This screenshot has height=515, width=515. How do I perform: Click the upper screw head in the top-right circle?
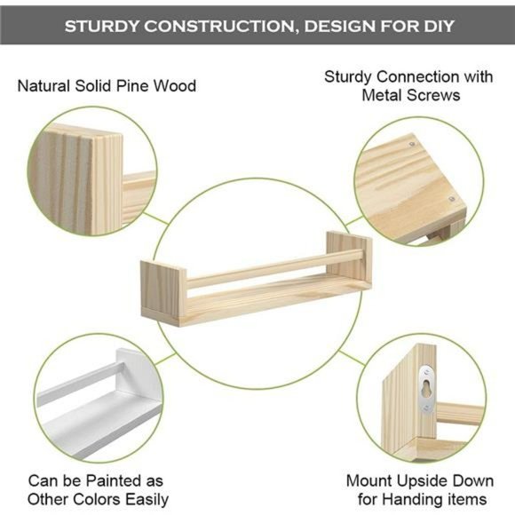coord(414,140)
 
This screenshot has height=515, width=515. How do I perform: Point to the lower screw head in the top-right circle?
coord(451,200)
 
